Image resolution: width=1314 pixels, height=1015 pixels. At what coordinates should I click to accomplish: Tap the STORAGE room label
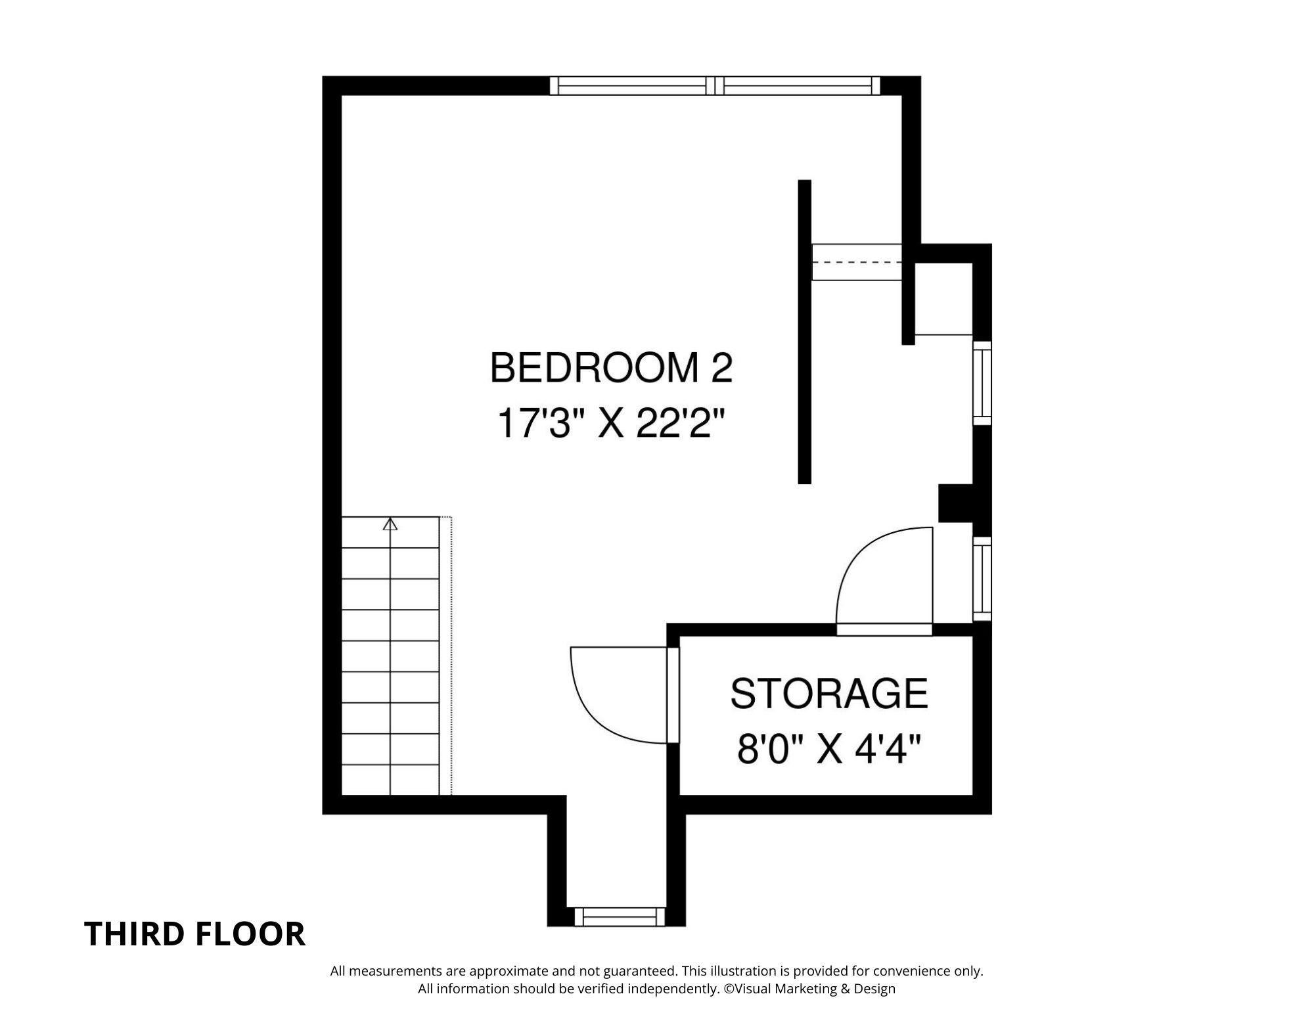(829, 694)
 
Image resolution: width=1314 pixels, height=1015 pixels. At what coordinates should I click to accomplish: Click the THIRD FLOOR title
(195, 934)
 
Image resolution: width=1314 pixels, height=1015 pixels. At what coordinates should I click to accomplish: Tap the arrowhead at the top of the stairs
(391, 524)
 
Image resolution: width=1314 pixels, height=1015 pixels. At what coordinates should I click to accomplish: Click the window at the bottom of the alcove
(620, 916)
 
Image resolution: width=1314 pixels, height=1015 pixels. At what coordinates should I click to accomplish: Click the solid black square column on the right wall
(956, 503)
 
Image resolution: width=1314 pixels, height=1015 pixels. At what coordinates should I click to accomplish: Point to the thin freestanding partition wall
(804, 332)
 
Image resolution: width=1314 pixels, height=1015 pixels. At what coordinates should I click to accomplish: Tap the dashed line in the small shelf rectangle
(857, 262)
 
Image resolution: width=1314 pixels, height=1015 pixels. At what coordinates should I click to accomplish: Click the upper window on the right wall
(982, 383)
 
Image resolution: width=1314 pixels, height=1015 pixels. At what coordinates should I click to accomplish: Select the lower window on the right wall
(982, 578)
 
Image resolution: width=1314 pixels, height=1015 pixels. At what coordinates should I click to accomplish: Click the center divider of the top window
(715, 85)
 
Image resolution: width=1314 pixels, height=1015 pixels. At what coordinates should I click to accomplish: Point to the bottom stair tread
(390, 780)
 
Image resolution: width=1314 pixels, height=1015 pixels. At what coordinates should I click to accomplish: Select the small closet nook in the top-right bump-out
(943, 298)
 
